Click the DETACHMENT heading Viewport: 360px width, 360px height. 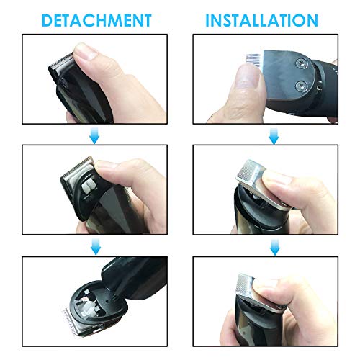point(96,20)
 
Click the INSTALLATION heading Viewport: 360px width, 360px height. point(262,20)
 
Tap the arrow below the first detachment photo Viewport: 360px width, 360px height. point(94,135)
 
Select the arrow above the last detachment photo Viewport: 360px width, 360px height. point(96,246)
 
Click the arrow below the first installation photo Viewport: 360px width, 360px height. point(274,136)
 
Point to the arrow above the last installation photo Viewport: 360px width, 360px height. point(275,247)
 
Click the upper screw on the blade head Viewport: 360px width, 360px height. point(301,63)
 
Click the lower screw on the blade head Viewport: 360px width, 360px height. point(301,86)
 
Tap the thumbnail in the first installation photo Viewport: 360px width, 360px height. point(247,78)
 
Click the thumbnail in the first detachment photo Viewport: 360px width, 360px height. point(85,52)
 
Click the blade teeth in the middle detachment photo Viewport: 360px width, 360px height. point(78,166)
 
